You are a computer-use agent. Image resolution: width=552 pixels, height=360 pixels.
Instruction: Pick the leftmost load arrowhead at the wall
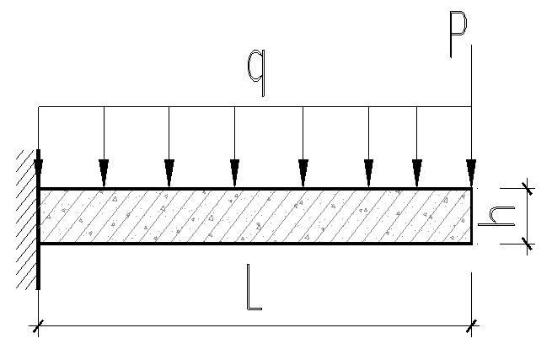click(x=39, y=170)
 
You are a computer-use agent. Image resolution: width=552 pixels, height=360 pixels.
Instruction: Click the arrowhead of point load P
click(x=471, y=173)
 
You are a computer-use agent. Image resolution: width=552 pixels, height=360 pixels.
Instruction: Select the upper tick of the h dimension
click(x=528, y=188)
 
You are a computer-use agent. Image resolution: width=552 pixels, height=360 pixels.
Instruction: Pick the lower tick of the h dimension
click(x=528, y=244)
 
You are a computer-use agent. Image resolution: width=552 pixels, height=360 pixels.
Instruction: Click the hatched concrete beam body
click(x=253, y=217)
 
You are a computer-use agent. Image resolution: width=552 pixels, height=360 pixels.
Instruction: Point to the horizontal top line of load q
click(x=253, y=107)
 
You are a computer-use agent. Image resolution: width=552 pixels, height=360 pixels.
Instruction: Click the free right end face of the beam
click(x=471, y=217)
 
